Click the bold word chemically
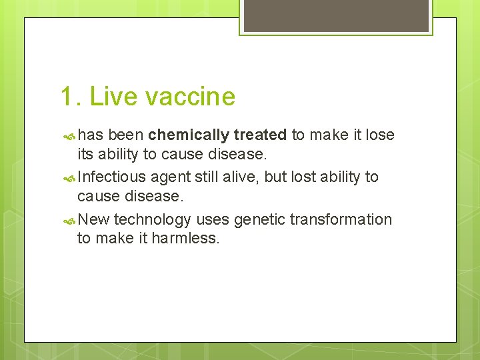click(189, 135)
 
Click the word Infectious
click(112, 177)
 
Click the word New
click(94, 219)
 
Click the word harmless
click(185, 238)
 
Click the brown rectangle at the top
click(335, 15)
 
